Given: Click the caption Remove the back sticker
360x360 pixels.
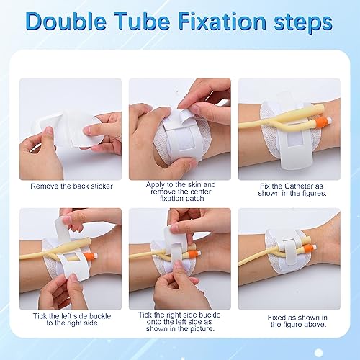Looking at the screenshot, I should [71, 186].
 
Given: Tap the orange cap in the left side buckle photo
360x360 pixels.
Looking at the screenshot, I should [103, 253].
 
